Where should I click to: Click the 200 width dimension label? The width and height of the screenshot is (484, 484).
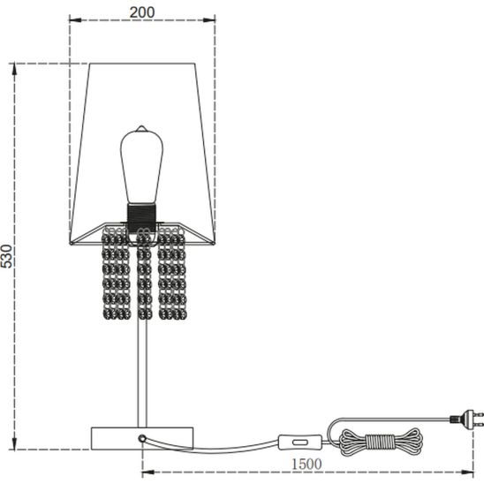142,12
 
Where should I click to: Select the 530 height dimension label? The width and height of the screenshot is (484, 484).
6,256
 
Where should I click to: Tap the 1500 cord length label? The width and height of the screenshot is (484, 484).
306,464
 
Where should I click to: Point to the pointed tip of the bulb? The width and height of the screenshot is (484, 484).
141,125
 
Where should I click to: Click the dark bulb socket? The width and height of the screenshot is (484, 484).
141,218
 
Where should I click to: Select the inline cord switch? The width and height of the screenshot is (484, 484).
300,442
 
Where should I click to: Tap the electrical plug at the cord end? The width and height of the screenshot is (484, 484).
466,419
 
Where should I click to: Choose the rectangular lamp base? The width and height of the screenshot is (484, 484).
142,438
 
